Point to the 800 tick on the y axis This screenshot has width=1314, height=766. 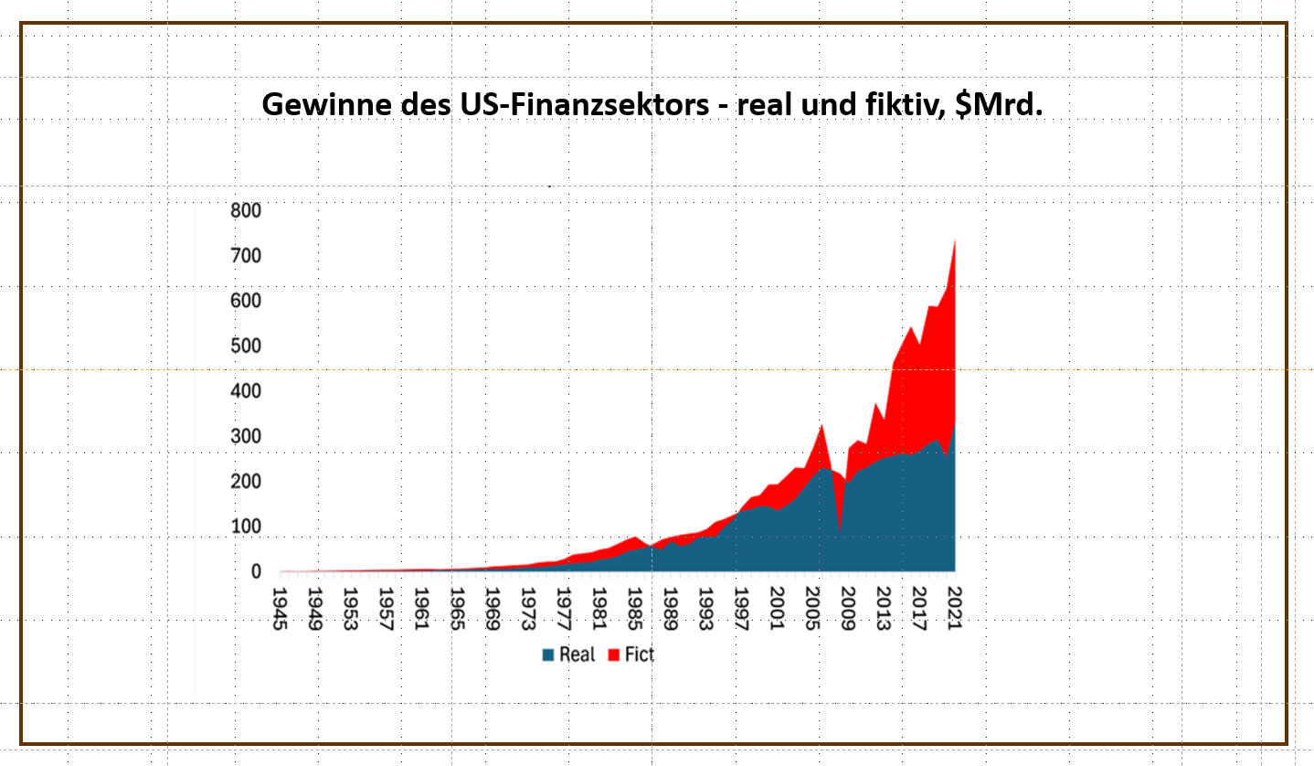pyautogui.click(x=246, y=211)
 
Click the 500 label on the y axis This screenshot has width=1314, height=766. pyautogui.click(x=246, y=346)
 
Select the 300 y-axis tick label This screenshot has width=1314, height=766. pyautogui.click(x=246, y=437)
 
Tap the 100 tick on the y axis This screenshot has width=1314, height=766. pyautogui.click(x=246, y=527)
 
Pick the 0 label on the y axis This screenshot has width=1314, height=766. pyautogui.click(x=256, y=572)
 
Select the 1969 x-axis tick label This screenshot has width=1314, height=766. pyautogui.click(x=492, y=607)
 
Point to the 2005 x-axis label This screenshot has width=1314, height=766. pyautogui.click(x=811, y=607)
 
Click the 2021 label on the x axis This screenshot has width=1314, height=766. pyautogui.click(x=954, y=607)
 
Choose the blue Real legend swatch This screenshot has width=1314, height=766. pyautogui.click(x=548, y=655)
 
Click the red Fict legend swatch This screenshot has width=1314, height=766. pyautogui.click(x=615, y=655)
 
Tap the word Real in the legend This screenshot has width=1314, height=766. pyautogui.click(x=577, y=655)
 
